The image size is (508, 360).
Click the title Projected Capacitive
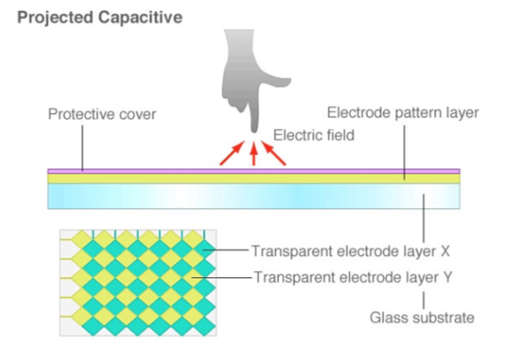tap(100, 18)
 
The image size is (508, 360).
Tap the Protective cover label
tap(102, 114)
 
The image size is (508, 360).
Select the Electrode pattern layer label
tap(403, 113)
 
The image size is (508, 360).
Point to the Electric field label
tap(314, 135)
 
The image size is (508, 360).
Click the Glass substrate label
tap(422, 318)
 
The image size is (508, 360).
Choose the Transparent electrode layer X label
tap(351, 251)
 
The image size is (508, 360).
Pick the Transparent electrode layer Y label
tap(353, 277)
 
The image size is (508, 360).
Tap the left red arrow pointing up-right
tap(232, 153)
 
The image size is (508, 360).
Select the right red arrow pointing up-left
tap(273, 153)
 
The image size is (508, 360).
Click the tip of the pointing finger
tap(254, 132)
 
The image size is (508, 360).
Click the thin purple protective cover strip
tap(254, 171)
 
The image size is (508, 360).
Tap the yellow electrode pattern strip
tap(254, 179)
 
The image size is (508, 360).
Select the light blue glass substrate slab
tap(254, 196)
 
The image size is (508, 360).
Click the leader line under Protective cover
tap(82, 148)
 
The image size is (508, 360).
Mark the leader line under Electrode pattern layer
tap(404, 152)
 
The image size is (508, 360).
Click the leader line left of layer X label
tap(225, 250)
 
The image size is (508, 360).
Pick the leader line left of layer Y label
tap(221, 277)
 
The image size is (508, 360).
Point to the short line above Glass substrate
tap(423, 300)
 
